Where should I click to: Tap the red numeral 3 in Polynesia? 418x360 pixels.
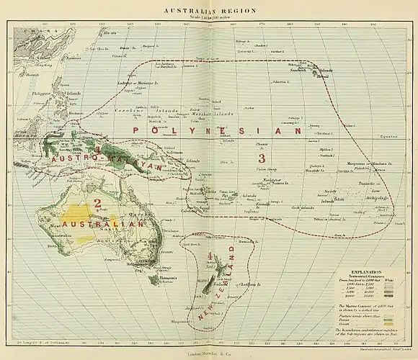(x=262, y=158)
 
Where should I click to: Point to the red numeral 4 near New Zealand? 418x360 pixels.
(x=210, y=256)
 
